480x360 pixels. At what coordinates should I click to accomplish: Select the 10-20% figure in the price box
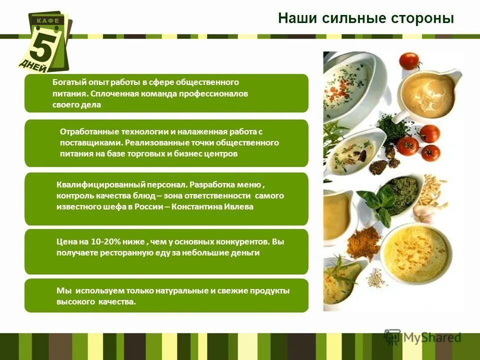click(96, 241)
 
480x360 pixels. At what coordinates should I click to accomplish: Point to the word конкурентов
click(242, 241)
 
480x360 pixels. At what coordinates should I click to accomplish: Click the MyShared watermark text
click(432, 337)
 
